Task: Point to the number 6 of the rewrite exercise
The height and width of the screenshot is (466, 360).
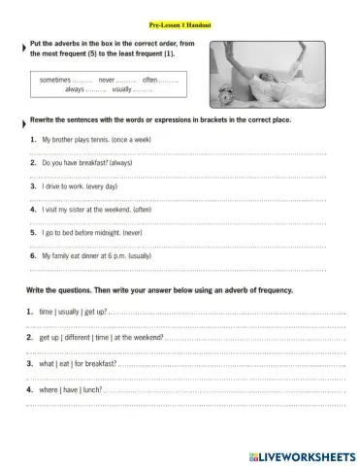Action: pos(33,255)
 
